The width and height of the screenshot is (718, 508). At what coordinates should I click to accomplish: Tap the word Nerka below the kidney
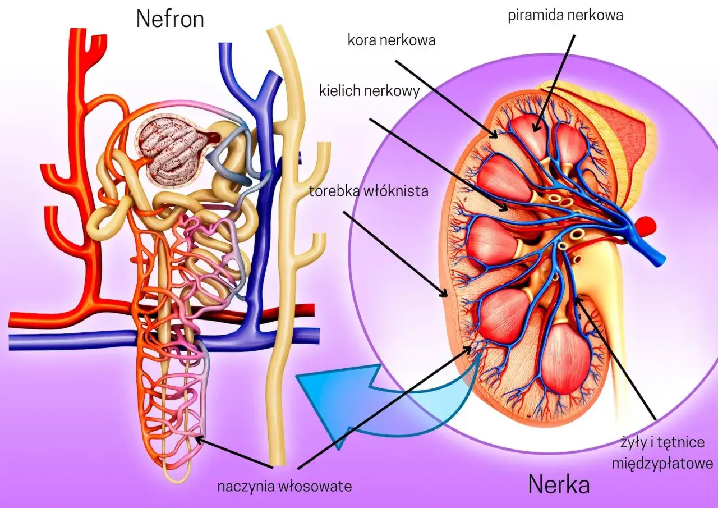559,484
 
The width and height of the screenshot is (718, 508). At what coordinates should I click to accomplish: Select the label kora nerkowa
392,40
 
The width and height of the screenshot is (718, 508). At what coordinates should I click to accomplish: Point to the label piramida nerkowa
565,15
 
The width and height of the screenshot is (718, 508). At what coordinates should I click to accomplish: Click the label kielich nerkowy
369,90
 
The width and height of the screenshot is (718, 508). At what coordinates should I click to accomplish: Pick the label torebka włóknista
369,191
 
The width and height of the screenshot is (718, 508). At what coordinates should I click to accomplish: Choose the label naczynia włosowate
285,486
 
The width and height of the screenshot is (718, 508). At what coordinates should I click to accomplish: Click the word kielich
339,90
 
